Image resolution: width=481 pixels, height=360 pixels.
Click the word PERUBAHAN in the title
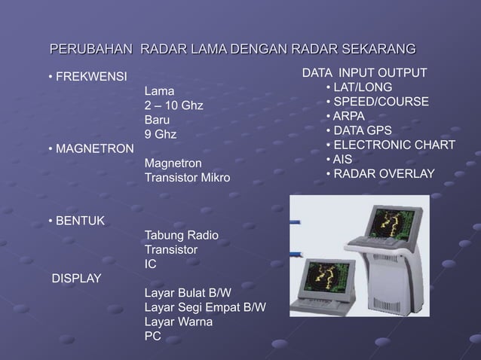point(90,50)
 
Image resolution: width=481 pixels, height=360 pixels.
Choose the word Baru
point(157,120)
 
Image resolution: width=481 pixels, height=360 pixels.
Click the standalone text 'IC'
point(150,264)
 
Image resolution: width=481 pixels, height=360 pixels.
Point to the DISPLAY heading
point(75,279)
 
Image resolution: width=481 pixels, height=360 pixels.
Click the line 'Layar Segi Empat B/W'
point(204,307)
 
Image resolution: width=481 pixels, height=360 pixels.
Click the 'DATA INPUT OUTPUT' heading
point(364,73)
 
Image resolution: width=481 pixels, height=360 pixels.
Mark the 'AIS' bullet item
point(342,159)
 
